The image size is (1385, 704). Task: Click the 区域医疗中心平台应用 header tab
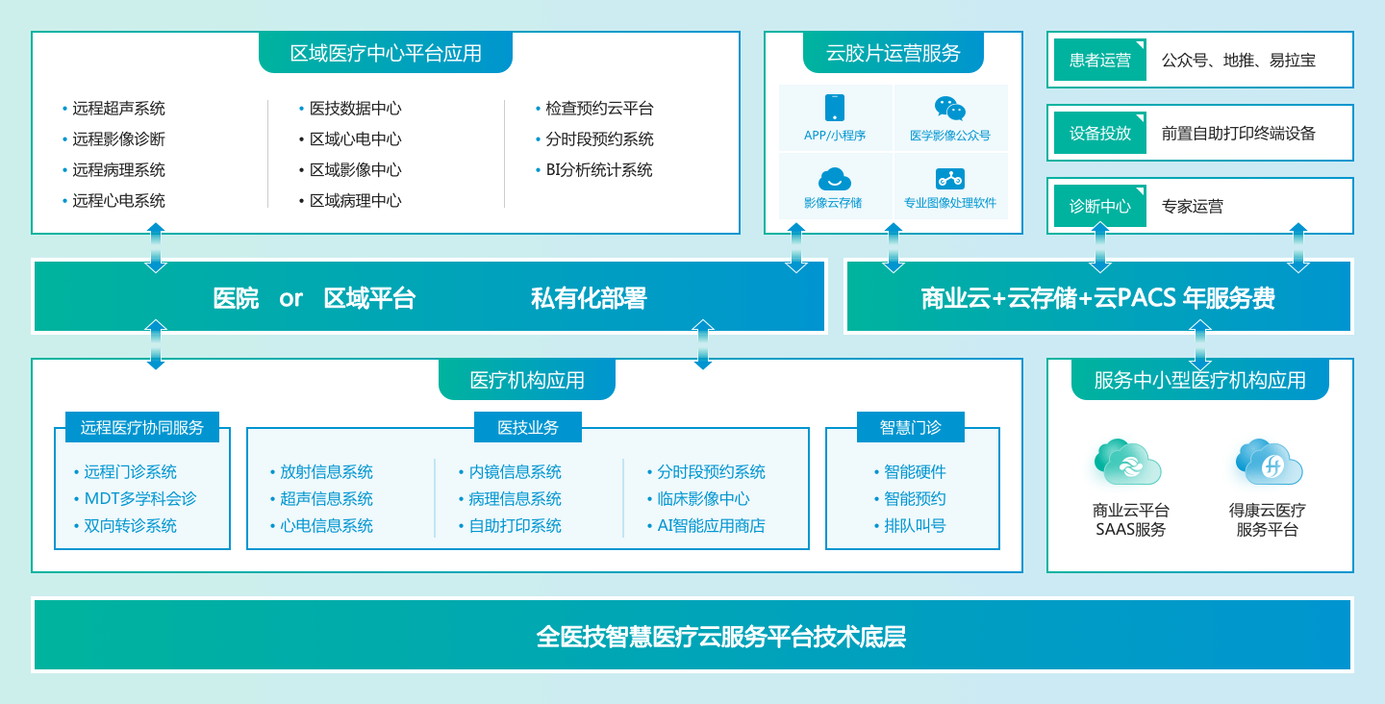tap(385, 53)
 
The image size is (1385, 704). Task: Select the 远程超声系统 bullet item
tap(118, 109)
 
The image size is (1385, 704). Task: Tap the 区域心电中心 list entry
tap(355, 139)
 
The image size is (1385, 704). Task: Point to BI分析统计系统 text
tap(598, 170)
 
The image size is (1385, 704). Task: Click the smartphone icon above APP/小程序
tap(834, 108)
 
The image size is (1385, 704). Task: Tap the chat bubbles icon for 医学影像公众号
tap(949, 108)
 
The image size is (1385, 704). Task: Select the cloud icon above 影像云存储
tap(834, 179)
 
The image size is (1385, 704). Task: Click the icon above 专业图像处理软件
tap(949, 179)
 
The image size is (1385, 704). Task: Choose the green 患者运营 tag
tap(1099, 60)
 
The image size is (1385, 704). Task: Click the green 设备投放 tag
tap(1099, 133)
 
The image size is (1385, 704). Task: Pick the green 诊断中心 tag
tap(1099, 206)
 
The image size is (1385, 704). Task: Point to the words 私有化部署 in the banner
tap(589, 298)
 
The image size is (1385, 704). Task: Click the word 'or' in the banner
tap(290, 299)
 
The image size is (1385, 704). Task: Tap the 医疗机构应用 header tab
tap(527, 380)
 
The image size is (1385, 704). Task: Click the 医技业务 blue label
tap(527, 427)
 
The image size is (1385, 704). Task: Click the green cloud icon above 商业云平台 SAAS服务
tap(1128, 462)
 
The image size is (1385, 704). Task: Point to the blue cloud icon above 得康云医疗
tap(1269, 462)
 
